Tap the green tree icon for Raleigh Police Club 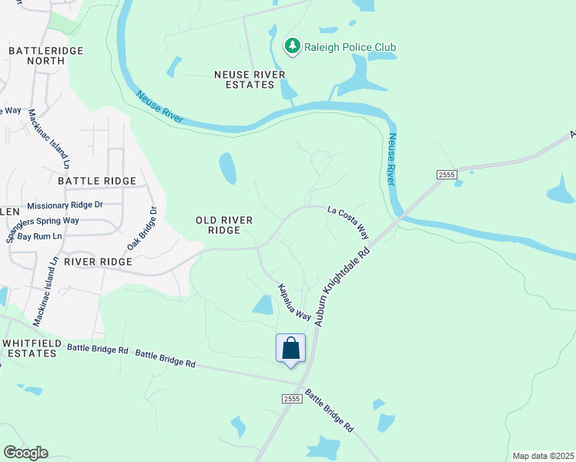[x=292, y=47]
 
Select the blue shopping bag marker [x=290, y=349]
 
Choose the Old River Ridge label [x=224, y=225]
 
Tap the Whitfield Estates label [x=29, y=348]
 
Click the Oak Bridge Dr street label [x=142, y=228]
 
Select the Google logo [x=26, y=452]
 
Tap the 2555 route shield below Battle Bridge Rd [x=291, y=397]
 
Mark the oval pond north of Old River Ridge [x=227, y=169]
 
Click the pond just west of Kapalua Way [x=263, y=305]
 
